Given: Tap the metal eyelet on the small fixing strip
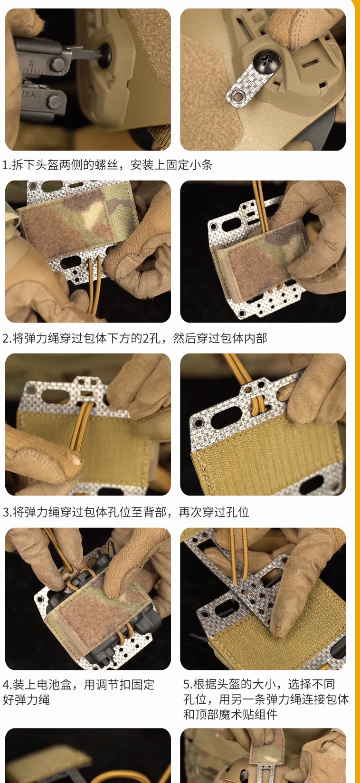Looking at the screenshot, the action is click(238, 95).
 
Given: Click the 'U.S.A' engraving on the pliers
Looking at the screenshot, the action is click(30, 94).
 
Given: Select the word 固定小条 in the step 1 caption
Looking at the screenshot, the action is click(189, 165).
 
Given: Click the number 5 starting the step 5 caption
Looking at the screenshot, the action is click(186, 684).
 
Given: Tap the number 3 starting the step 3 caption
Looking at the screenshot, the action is click(6, 513).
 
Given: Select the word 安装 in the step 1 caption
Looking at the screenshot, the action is click(142, 165).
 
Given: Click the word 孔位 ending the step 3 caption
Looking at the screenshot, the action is click(237, 512).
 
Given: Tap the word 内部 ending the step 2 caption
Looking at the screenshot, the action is click(256, 338).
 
